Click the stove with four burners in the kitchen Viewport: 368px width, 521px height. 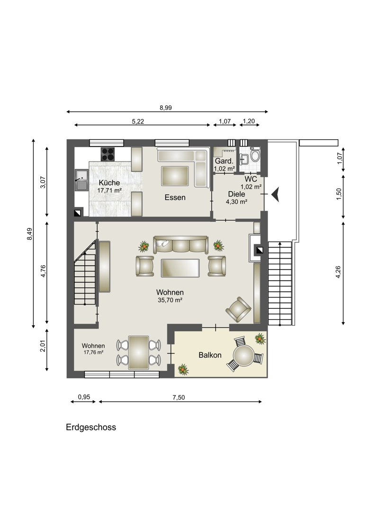108,154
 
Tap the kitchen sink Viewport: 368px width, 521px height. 81,180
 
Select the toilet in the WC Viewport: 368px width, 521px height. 255,155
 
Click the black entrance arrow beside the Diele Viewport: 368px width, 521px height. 275,194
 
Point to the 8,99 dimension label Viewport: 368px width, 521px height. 166,108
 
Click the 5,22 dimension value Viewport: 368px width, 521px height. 138,122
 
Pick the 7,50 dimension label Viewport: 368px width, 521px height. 179,397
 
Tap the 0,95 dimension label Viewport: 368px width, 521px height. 84,397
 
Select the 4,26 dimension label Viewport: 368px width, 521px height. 338,272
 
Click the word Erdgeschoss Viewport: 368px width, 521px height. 91,427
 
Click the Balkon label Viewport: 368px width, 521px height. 210,355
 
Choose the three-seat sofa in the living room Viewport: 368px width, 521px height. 180,245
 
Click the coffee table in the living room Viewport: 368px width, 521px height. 180,268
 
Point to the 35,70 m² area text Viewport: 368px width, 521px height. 170,300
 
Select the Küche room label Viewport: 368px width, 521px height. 109,183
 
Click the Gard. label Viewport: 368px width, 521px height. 224,161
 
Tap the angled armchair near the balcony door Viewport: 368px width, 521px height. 238,309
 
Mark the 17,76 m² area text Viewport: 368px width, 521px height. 93,352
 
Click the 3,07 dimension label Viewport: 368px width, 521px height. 43,182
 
